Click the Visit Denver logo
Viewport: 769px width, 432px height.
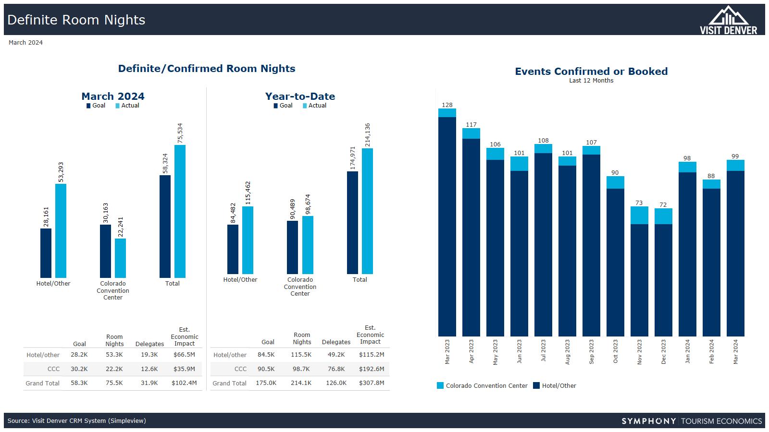click(x=728, y=20)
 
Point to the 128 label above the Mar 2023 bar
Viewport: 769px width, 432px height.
click(x=447, y=105)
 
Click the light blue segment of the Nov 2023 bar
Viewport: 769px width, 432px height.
click(x=639, y=216)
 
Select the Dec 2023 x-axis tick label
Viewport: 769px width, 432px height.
click(x=664, y=352)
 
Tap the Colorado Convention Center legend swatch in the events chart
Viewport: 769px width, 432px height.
click(x=440, y=385)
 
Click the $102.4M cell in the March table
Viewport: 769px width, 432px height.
click(x=184, y=383)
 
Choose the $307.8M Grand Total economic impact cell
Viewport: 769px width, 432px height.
click(x=372, y=383)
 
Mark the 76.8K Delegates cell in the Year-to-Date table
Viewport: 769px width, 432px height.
click(x=336, y=369)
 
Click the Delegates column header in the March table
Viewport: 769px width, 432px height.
click(x=149, y=344)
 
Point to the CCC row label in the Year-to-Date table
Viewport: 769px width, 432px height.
click(x=240, y=369)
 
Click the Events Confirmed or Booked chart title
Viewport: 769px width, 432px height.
click(x=591, y=72)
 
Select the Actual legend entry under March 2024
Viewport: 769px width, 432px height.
click(x=127, y=106)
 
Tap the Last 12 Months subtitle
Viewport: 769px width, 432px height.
click(x=591, y=81)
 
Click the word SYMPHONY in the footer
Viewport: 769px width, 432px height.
click(x=648, y=421)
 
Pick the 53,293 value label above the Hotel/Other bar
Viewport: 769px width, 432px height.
click(x=61, y=172)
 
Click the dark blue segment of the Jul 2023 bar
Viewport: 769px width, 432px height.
click(x=543, y=245)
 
